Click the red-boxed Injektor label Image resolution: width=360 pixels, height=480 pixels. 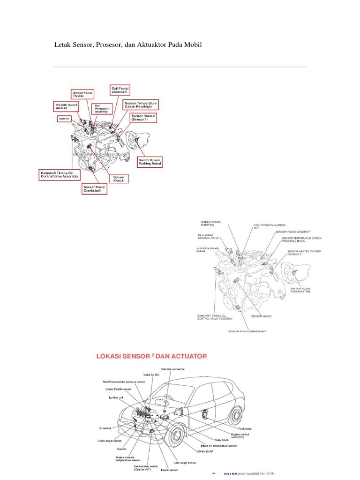[64, 119]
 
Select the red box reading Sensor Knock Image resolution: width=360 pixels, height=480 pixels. [119, 179]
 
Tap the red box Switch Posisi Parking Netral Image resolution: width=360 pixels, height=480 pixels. [150, 162]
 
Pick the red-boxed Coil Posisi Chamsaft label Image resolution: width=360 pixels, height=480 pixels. [120, 90]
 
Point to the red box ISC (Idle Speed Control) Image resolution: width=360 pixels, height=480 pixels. [65, 105]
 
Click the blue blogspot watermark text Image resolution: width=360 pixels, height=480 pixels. [101, 154]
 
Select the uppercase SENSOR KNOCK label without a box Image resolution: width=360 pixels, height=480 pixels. [261, 316]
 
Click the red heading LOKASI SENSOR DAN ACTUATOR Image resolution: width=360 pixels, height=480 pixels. [151, 356]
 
